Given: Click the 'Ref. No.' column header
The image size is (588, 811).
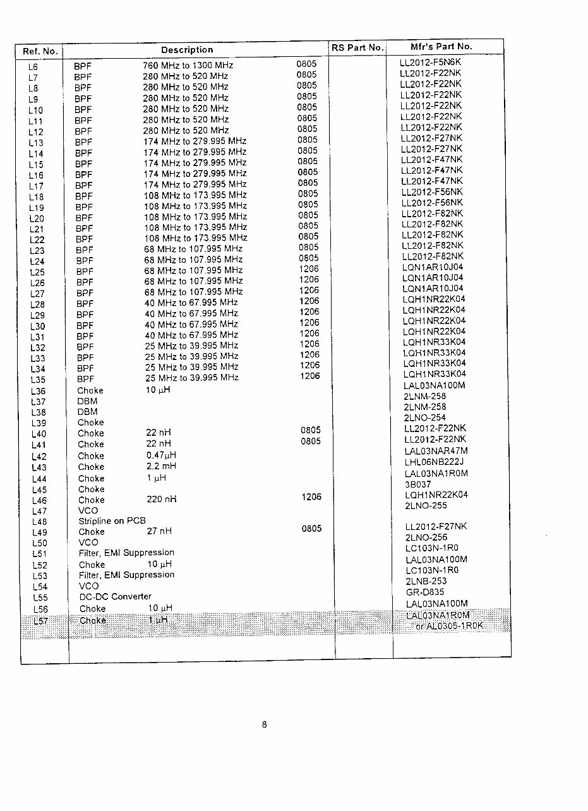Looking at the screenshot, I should point(40,51).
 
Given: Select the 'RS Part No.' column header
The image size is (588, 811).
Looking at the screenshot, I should point(357,47).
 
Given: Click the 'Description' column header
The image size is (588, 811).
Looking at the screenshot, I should point(187,50).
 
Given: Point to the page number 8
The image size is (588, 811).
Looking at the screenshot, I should point(265,724).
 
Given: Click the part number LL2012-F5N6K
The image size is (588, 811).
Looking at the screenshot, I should point(431,63).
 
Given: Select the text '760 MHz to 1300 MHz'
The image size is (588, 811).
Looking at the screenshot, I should point(188,66).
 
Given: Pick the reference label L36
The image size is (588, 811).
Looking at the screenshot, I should point(38,392).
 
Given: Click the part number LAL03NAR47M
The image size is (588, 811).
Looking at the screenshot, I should point(436,451).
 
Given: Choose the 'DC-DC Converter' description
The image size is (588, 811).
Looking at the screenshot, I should point(116,596).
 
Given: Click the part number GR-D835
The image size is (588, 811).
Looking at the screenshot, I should point(425,592).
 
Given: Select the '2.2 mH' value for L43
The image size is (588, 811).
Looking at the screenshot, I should point(161,467).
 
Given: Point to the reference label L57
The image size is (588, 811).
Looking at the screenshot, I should point(40,621).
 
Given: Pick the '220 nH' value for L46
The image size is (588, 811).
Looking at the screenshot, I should point(161,500).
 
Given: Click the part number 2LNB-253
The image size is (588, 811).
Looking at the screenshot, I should point(426,581).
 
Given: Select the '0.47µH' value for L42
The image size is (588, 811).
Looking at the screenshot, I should point(161,455).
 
